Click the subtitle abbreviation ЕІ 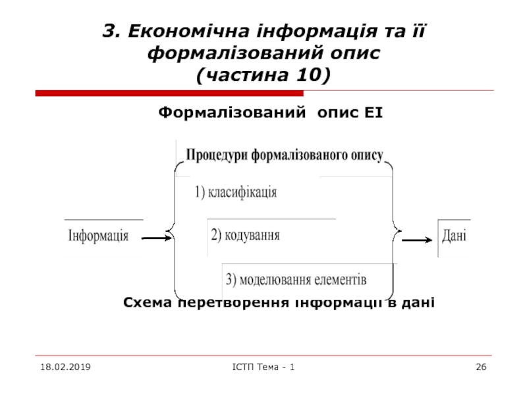(x=373, y=114)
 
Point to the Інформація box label (x=99, y=236)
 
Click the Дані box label (x=455, y=234)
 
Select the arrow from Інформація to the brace (x=156, y=238)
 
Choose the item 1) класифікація (x=236, y=193)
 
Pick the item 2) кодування (x=245, y=235)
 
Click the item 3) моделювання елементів (x=296, y=278)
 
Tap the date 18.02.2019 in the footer (x=65, y=365)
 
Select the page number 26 (x=481, y=365)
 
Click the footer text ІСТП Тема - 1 (x=262, y=365)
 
